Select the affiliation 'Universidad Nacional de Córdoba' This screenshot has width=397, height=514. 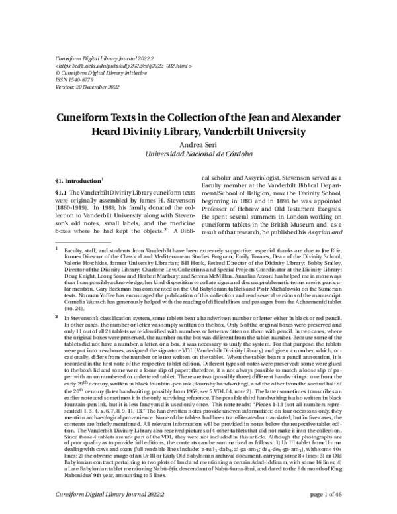[198, 153]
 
